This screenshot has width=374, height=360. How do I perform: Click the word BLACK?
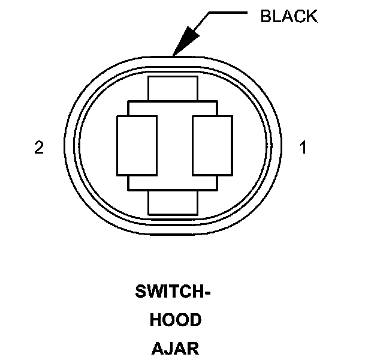click(288, 16)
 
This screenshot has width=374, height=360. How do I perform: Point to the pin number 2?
click(39, 148)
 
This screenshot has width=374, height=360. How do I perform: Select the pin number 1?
click(303, 148)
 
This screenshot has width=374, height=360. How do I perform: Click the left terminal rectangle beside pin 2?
click(136, 145)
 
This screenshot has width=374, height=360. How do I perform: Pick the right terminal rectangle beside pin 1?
click(212, 145)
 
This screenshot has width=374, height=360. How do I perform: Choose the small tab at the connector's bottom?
click(173, 204)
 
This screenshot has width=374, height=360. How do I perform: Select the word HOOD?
click(175, 320)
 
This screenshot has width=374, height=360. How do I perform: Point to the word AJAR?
click(175, 347)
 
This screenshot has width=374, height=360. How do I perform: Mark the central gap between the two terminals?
click(174, 145)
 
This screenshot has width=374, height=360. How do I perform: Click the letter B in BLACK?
click(265, 16)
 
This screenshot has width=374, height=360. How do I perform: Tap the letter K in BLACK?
click(312, 16)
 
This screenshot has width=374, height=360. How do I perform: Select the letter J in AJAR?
click(170, 347)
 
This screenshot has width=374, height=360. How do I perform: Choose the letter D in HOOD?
click(195, 320)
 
